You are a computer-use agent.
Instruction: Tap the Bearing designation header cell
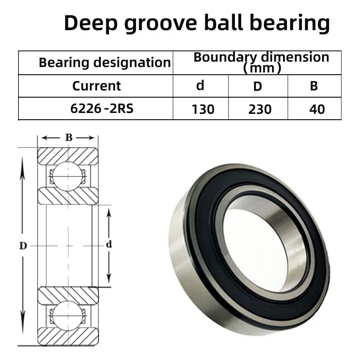(104, 63)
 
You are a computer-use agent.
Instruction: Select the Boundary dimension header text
(261, 57)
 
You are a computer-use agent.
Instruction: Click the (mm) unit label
(261, 68)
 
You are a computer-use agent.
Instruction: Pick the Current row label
(96, 86)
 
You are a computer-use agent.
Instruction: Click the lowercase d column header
(200, 85)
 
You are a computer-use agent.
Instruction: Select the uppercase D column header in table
(257, 86)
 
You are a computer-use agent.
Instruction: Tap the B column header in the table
(314, 86)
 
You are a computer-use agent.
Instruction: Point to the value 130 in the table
(202, 109)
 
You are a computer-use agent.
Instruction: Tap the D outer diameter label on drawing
(23, 246)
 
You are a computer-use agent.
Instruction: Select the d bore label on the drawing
(108, 245)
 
